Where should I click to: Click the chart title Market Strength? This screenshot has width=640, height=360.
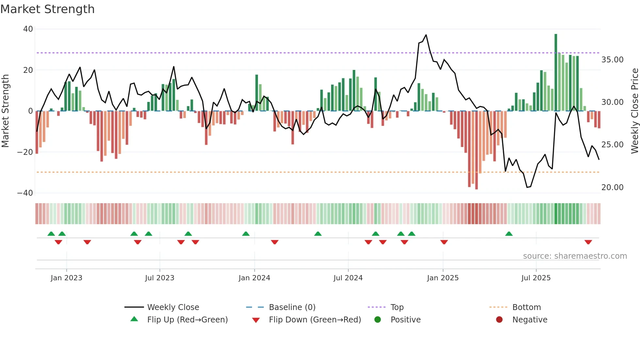point(47,9)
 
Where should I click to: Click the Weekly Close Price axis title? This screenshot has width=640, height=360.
point(634,111)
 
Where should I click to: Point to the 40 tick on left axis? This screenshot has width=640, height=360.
point(28,29)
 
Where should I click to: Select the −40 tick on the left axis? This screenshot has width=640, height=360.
point(25,193)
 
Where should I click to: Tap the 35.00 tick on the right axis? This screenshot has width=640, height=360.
point(612,60)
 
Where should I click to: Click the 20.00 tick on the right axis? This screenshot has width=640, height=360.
point(612,188)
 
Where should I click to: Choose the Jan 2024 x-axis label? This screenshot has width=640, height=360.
point(254,278)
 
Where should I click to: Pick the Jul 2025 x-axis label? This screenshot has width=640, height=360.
point(536,278)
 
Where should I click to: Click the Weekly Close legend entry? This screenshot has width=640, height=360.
point(173,307)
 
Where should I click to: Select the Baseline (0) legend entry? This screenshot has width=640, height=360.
point(292,307)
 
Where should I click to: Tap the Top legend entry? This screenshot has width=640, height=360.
point(397,307)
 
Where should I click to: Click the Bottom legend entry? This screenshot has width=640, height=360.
point(526,307)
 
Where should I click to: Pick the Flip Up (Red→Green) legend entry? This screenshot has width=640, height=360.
point(187,320)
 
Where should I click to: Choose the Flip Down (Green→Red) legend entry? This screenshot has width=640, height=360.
point(315,320)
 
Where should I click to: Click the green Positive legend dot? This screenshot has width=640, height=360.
point(378,320)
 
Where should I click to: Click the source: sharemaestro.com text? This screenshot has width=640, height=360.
point(575,256)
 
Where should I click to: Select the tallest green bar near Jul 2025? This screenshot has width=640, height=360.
point(556,72)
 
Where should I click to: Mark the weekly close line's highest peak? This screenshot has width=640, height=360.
point(426,35)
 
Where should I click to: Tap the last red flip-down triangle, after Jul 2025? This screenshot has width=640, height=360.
point(588,242)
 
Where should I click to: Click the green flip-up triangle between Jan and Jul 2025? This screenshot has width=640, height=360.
point(509,234)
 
